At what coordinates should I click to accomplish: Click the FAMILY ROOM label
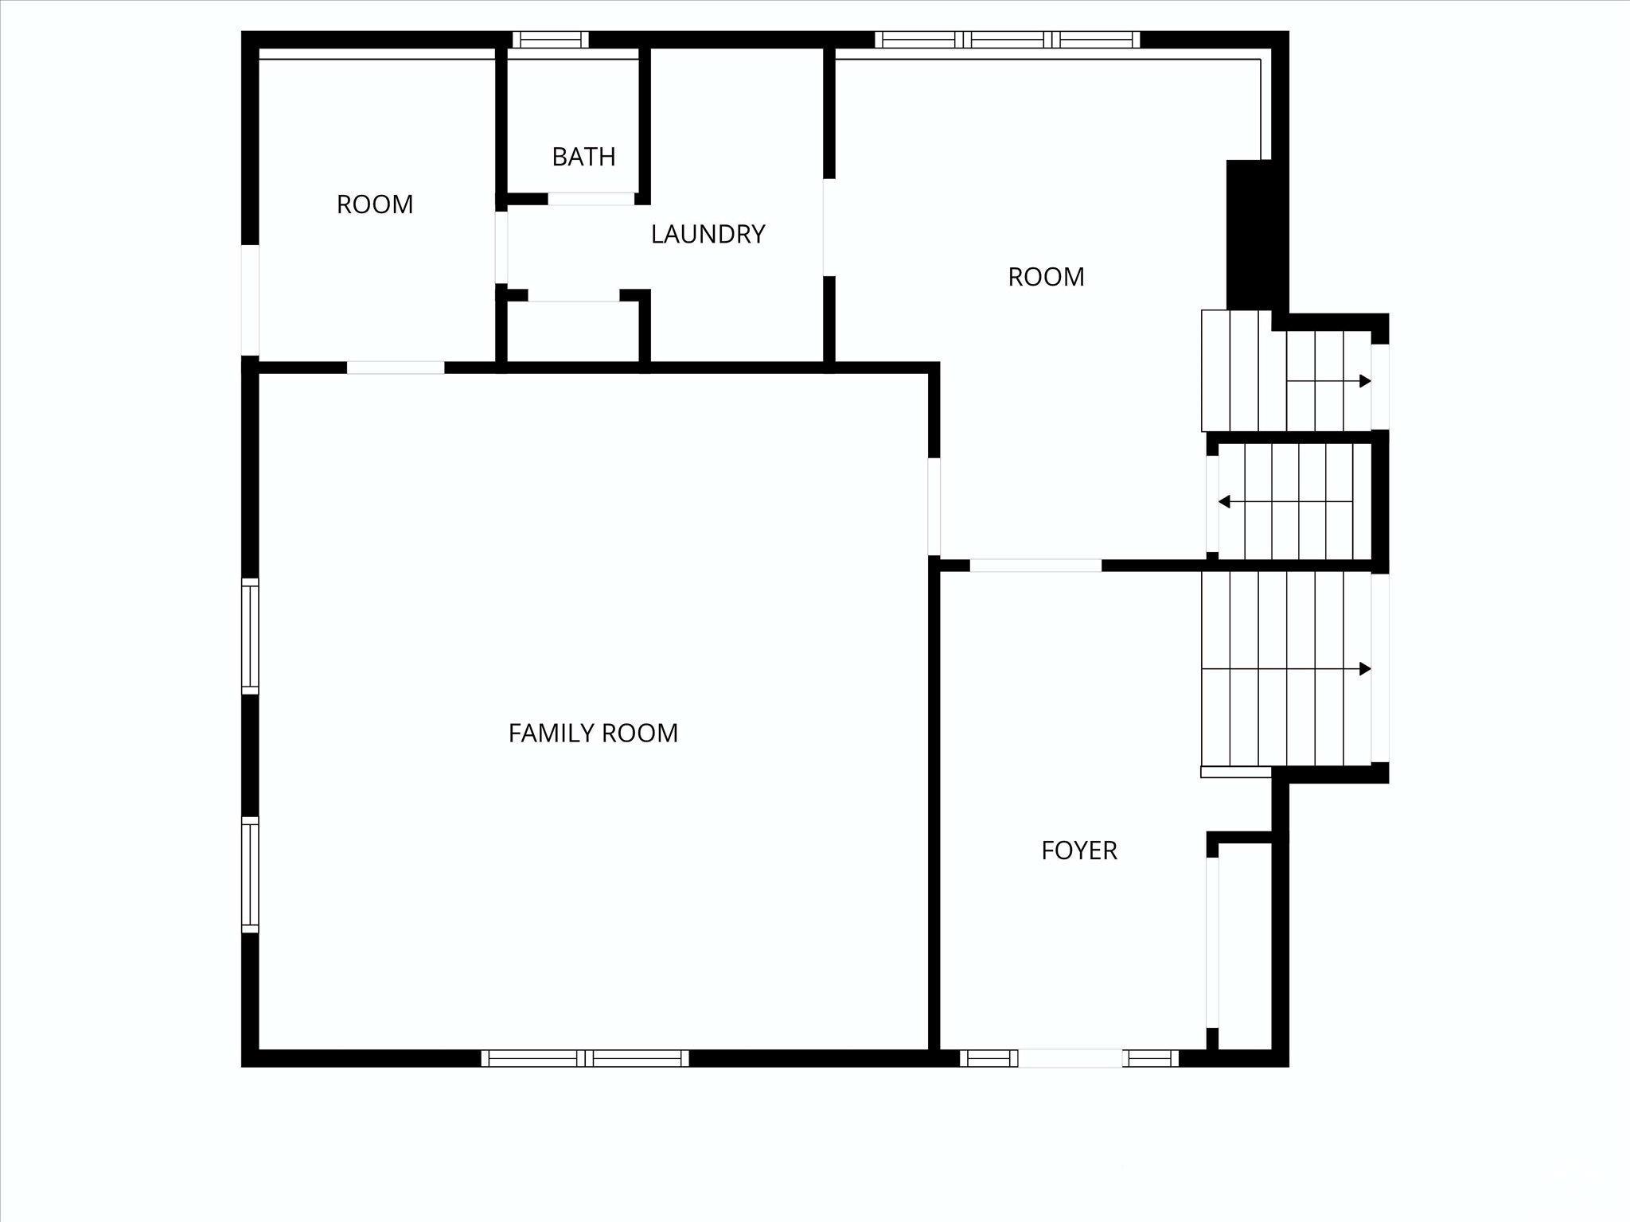(x=593, y=733)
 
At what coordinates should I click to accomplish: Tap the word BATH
(x=583, y=157)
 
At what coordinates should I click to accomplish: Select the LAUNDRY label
(x=708, y=234)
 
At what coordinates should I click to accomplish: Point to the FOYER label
(x=1078, y=850)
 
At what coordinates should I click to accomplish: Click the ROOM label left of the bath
(x=375, y=204)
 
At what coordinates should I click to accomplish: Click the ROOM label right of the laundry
(x=1046, y=277)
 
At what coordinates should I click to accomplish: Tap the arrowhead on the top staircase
(x=1364, y=381)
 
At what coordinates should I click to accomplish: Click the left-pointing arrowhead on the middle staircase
(x=1225, y=502)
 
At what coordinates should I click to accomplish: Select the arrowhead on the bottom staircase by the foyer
(x=1364, y=669)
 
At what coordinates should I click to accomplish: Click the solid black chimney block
(x=1248, y=235)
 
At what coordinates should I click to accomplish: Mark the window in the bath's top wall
(x=550, y=40)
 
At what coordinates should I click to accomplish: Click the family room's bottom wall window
(x=585, y=1058)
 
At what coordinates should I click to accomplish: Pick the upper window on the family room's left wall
(x=250, y=636)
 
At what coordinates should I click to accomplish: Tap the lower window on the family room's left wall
(x=250, y=875)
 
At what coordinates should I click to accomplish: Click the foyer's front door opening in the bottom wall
(x=1070, y=1058)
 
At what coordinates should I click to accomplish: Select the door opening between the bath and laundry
(x=591, y=199)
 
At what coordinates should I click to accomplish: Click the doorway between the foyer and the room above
(x=1035, y=566)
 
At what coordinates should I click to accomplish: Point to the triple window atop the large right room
(x=1007, y=40)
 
